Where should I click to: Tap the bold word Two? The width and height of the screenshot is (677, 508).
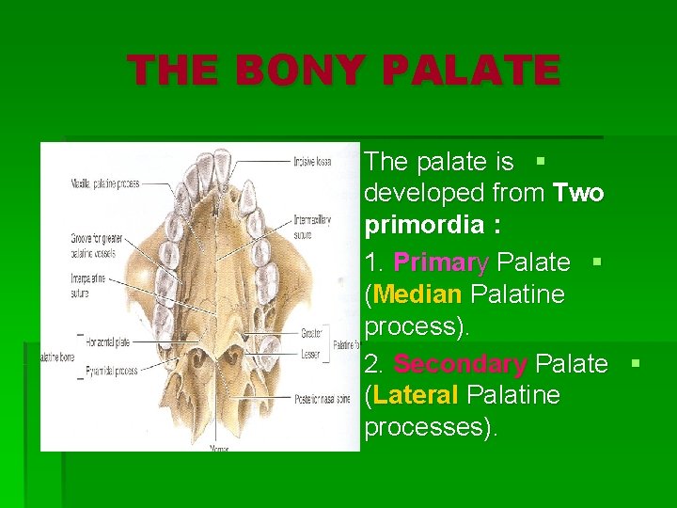[579, 194]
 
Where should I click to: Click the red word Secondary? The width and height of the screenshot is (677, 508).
[460, 363]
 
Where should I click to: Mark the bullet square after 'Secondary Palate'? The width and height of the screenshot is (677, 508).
[636, 362]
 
